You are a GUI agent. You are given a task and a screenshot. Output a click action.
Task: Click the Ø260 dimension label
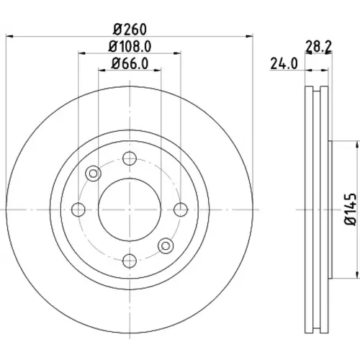130,30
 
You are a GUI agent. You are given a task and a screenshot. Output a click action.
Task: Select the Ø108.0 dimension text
130,46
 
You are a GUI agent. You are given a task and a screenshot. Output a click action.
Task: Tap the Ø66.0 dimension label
130,63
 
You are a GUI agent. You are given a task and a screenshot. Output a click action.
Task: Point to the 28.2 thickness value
318,47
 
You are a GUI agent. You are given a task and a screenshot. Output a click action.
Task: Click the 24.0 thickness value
284,63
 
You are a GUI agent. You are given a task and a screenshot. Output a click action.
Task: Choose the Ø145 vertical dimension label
351,210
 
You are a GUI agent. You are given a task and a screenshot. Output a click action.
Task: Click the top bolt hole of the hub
130,158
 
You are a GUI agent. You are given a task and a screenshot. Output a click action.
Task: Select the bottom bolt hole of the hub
130,261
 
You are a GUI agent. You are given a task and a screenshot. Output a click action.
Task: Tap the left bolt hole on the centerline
78,210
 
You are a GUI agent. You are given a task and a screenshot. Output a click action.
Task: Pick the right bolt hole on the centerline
181,210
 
